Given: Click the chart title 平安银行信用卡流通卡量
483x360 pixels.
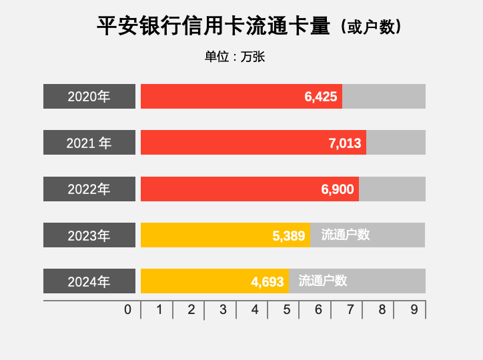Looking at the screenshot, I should [x=213, y=26].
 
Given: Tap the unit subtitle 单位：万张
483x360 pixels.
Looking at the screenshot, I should [x=235, y=57].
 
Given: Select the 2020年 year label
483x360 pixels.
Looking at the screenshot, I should [x=89, y=97].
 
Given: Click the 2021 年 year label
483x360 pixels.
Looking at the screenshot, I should [x=89, y=143].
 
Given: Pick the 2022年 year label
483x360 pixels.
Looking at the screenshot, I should [x=89, y=189].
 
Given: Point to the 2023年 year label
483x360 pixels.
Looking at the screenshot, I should [x=89, y=235].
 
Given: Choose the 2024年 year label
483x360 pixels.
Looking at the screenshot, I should [x=89, y=282].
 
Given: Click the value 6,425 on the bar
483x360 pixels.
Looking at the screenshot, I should [x=321, y=97].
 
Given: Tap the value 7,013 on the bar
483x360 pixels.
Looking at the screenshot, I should [x=345, y=143].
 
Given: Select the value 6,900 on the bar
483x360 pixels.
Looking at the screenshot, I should [x=338, y=189].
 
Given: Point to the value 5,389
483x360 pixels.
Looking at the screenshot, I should [x=289, y=235].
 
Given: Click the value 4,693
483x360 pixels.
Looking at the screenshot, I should [x=268, y=282].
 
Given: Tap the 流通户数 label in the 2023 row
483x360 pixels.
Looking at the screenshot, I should [x=346, y=235].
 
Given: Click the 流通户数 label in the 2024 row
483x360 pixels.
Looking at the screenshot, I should [x=323, y=281].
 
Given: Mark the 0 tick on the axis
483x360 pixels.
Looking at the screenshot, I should [x=127, y=309].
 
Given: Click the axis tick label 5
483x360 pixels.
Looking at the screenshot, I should [x=287, y=309].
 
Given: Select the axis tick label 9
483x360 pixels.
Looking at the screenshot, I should [x=414, y=309].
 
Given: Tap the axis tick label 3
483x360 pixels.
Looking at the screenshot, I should [x=223, y=309].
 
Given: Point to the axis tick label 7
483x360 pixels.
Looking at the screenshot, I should [x=350, y=309].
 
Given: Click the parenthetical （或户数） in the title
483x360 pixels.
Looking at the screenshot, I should [x=371, y=27].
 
